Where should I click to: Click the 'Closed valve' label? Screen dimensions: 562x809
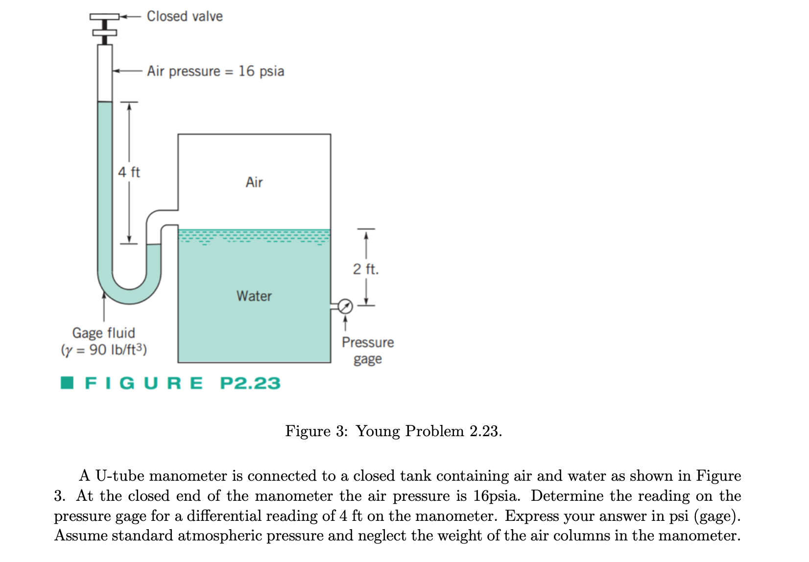pos(185,17)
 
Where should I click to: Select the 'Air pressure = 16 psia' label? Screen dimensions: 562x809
pos(215,71)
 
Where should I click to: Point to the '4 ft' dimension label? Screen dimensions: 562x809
pos(129,172)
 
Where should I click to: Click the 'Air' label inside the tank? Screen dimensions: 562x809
pos(254,183)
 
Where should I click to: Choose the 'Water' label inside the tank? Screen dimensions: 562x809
pos(254,296)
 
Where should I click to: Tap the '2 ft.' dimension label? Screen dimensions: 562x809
pos(366,269)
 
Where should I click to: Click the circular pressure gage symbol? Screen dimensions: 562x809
pos(345,307)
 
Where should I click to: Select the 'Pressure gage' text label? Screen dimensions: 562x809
pos(368,351)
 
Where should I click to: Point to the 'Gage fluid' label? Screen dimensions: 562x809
pos(104,333)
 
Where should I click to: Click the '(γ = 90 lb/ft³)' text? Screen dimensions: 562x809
pos(104,350)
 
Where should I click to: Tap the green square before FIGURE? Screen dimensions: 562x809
pos(67,383)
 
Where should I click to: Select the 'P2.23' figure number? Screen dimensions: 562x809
pos(250,383)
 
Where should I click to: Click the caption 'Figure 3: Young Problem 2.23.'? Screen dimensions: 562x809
pos(394,431)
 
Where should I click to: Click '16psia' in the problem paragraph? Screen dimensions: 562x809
pos(496,496)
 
